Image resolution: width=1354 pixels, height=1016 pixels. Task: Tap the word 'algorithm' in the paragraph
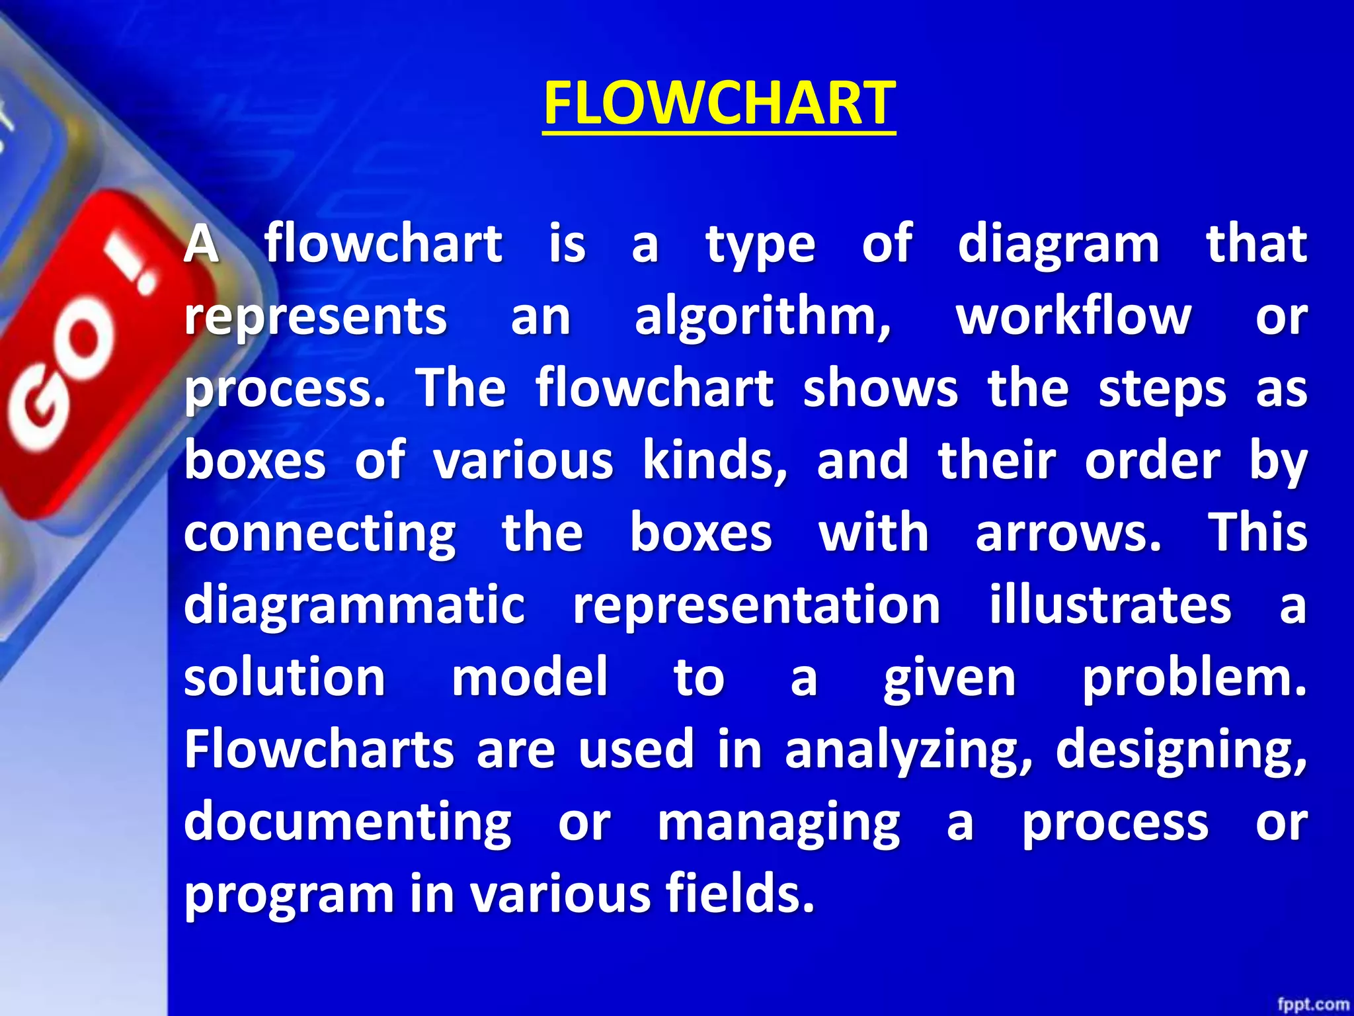point(762,317)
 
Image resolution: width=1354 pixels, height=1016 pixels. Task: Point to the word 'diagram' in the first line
point(1058,245)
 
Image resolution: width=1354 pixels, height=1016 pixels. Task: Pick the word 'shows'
point(880,388)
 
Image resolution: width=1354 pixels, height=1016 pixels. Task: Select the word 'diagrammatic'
point(354,605)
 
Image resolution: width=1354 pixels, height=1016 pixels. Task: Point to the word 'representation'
point(756,605)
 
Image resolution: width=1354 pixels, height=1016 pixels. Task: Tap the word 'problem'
point(1194,678)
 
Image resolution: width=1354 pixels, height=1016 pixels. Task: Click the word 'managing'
point(779,824)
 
